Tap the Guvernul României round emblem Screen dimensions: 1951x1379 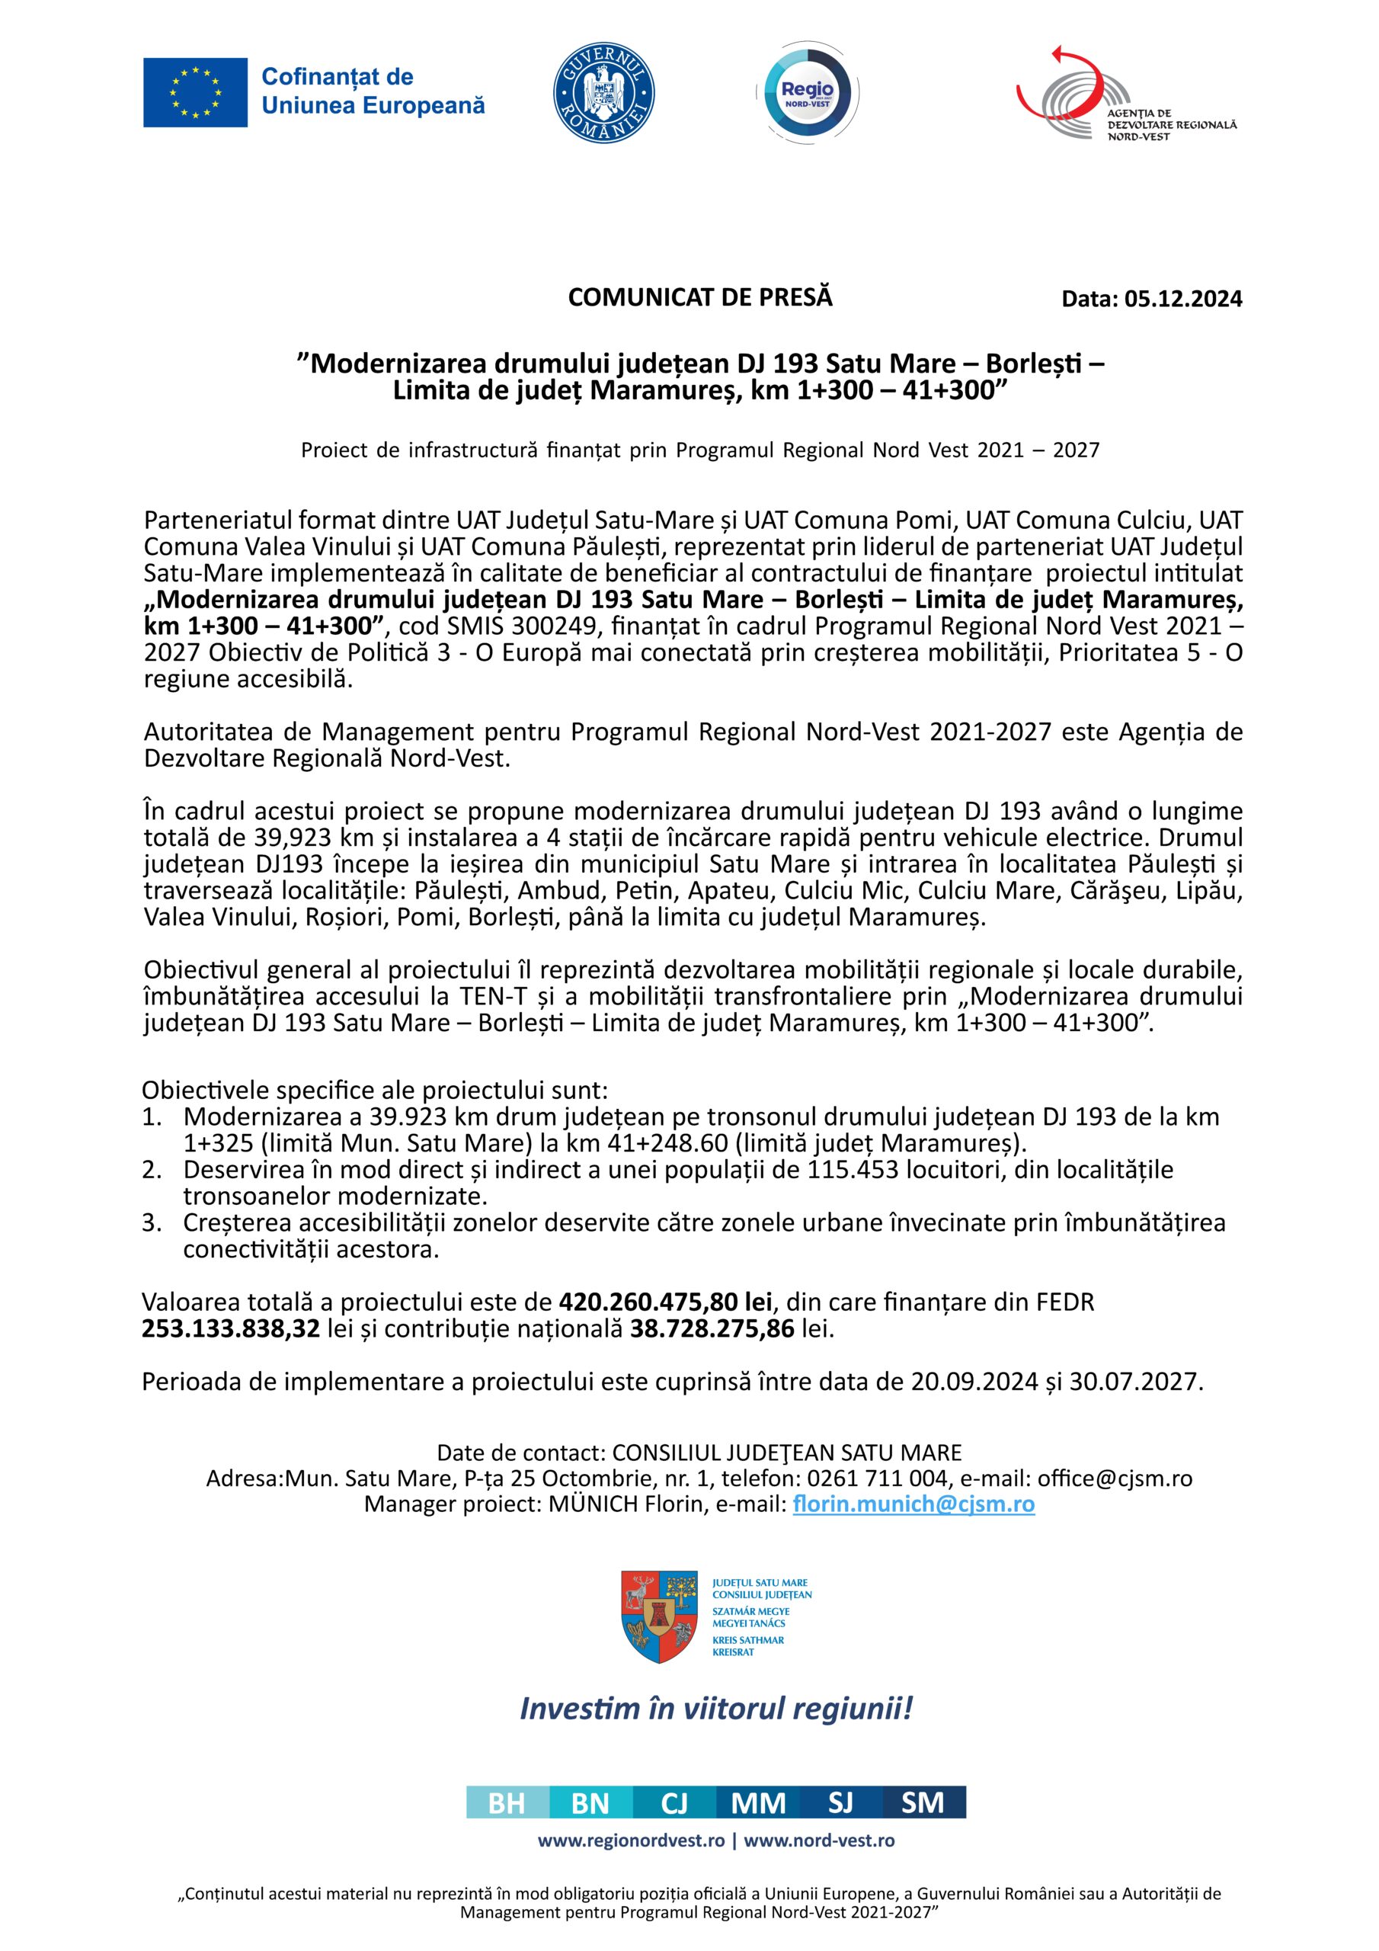pyautogui.click(x=603, y=93)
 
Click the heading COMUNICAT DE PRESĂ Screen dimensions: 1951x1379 pyautogui.click(x=700, y=297)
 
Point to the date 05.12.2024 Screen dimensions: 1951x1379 pyautogui.click(x=1182, y=299)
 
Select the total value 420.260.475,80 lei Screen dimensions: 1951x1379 pyautogui.click(x=665, y=1302)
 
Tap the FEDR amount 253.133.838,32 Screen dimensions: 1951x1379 pyautogui.click(x=230, y=1329)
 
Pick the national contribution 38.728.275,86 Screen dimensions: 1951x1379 pyautogui.click(x=712, y=1329)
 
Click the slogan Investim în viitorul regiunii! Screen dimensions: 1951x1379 pyautogui.click(x=715, y=1708)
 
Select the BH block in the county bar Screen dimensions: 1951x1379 pyautogui.click(x=507, y=1803)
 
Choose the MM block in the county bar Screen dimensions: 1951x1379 pyautogui.click(x=758, y=1803)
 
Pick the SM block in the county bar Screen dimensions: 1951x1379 pyautogui.click(x=923, y=1803)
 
